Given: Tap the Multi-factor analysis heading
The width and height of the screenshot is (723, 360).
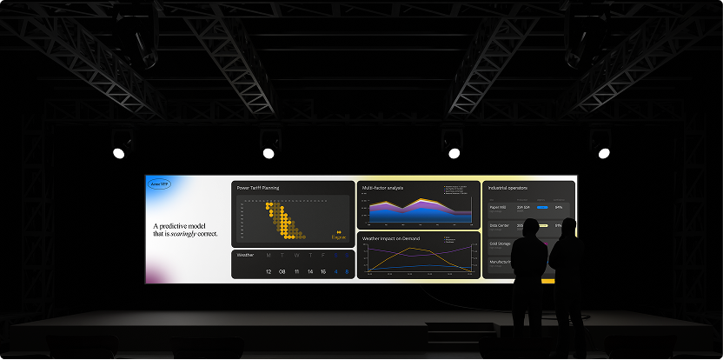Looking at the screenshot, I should click(x=383, y=188).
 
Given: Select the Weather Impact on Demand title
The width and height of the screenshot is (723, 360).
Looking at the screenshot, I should click(x=391, y=237).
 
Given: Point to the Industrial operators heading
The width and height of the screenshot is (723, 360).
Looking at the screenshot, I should click(x=508, y=188).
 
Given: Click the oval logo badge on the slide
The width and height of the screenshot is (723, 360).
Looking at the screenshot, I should click(x=159, y=184).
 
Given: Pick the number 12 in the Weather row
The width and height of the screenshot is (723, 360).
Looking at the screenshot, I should click(x=269, y=272).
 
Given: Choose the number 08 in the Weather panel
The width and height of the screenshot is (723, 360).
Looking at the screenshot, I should click(x=282, y=272).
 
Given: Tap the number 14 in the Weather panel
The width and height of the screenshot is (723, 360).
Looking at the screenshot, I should click(x=309, y=272).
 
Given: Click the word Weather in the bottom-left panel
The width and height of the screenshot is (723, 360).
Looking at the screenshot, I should click(x=245, y=255).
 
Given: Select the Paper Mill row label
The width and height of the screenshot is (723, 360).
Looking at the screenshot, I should click(x=498, y=208).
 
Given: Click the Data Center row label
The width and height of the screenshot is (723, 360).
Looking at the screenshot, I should click(x=499, y=225).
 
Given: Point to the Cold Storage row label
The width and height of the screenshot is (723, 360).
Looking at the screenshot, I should click(x=500, y=243).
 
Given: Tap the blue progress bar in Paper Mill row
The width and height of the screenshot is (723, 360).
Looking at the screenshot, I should click(x=542, y=208).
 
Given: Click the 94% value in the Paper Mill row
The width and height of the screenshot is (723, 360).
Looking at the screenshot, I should click(x=558, y=208).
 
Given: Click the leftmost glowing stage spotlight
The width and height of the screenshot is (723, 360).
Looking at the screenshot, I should click(x=118, y=153).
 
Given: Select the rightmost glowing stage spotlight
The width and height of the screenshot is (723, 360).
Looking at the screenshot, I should click(x=603, y=153).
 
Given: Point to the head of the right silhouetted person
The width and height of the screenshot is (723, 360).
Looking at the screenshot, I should click(x=567, y=228).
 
